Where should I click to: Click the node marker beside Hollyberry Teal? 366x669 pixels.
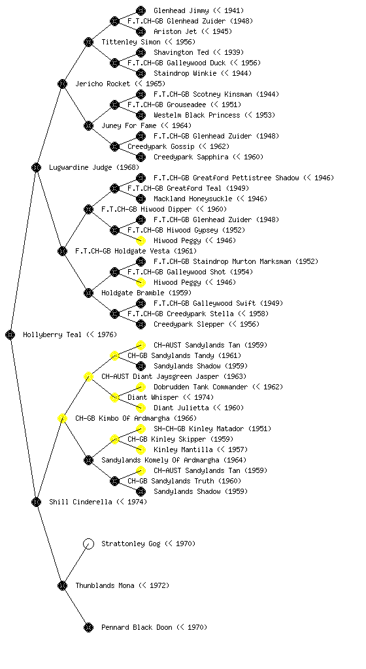[x=10, y=334]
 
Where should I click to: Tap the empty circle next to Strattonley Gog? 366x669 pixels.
[x=88, y=544]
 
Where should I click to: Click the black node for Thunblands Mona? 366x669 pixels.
[x=62, y=585]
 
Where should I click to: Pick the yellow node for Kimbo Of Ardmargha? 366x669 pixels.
[x=62, y=418]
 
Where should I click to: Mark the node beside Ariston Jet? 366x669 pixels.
[x=141, y=31]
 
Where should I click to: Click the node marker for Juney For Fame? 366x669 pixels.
[x=88, y=125]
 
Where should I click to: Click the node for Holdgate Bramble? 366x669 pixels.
[x=88, y=293]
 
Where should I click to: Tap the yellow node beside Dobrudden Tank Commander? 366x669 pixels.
[x=141, y=387]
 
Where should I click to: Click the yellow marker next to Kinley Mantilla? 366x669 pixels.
[x=141, y=449]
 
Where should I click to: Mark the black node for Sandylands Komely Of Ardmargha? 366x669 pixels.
[x=88, y=460]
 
